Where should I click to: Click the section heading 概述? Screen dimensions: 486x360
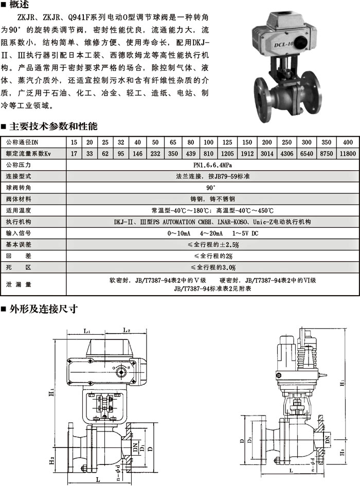[x=19, y=6]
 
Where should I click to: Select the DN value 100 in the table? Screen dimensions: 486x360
[x=209, y=142]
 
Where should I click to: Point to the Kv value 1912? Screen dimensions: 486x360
[x=247, y=154]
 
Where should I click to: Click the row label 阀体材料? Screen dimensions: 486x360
[x=19, y=199]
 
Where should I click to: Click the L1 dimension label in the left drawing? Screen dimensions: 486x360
[x=87, y=331]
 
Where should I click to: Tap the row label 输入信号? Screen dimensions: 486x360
[x=19, y=233]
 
